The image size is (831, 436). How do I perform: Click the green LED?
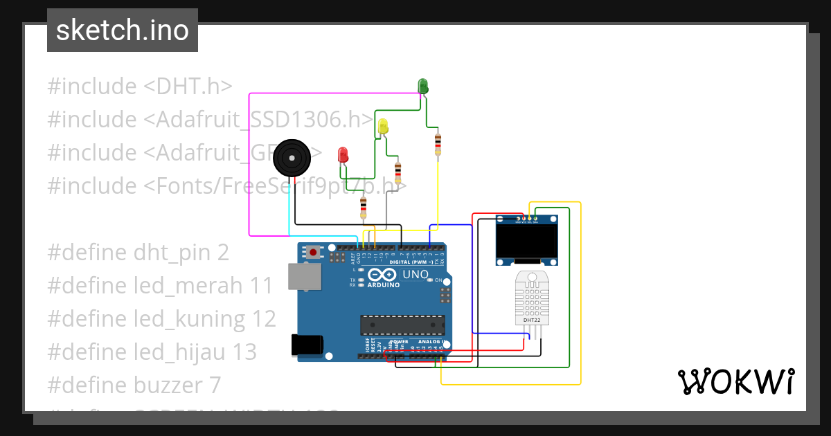point(423,86)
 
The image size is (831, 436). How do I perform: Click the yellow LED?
point(383,126)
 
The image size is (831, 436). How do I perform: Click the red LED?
point(343,154)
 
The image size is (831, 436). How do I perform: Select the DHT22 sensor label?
point(531,320)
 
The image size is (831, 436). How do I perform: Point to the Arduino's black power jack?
point(307,344)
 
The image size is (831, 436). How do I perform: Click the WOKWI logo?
point(735,381)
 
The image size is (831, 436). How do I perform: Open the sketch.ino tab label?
point(123,30)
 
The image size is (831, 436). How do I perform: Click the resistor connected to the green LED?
point(438,144)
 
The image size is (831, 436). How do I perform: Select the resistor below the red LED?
point(364,207)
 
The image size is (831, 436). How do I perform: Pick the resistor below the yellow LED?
point(397,172)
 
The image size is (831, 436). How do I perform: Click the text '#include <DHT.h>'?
point(139,87)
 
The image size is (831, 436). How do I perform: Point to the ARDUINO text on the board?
point(383,284)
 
